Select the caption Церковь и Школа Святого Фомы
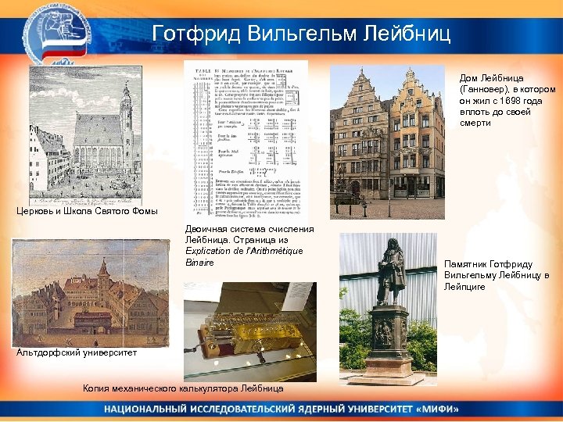pos(87,212)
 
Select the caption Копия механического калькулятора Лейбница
pos(183,388)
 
